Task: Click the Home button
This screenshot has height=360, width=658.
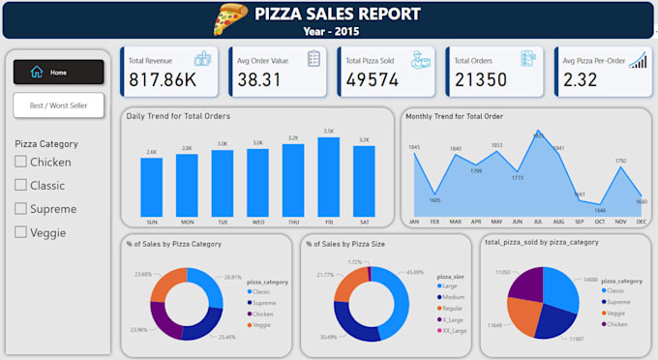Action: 58,72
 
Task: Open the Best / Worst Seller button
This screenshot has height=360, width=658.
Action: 58,105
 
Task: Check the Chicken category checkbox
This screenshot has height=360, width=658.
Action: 21,162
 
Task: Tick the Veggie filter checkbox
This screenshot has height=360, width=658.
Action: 21,231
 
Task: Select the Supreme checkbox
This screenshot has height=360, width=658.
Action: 21,208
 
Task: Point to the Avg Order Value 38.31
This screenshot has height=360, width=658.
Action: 258,79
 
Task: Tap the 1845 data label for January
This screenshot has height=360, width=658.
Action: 414,147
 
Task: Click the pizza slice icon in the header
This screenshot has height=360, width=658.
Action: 230,18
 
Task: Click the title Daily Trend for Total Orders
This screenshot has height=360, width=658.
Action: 178,116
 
